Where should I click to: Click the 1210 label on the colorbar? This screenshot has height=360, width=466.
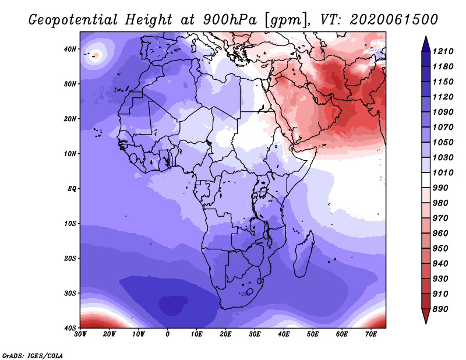pyautogui.click(x=443, y=51)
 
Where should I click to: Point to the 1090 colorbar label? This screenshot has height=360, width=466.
pyautogui.click(x=443, y=112)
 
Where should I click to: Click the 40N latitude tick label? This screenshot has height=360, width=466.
pyautogui.click(x=70, y=49)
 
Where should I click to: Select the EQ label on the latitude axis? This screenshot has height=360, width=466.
pyautogui.click(x=72, y=189)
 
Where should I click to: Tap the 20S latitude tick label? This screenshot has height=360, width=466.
pyautogui.click(x=70, y=258)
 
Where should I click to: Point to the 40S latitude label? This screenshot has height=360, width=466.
pyautogui.click(x=70, y=328)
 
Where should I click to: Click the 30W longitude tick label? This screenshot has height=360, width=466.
pyautogui.click(x=80, y=334)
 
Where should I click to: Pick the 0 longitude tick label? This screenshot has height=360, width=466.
pyautogui.click(x=168, y=334)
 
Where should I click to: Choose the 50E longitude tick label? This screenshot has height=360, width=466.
pyautogui.click(x=313, y=334)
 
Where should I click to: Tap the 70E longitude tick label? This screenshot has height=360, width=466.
pyautogui.click(x=371, y=334)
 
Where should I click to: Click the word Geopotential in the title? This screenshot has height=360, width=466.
pyautogui.click(x=73, y=20)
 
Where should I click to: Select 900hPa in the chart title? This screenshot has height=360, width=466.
pyautogui.click(x=230, y=20)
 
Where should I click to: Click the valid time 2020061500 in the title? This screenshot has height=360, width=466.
pyautogui.click(x=394, y=20)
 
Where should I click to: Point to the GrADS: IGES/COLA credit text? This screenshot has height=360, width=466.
pyautogui.click(x=33, y=355)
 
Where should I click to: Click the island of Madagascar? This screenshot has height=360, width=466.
pyautogui.click(x=303, y=255)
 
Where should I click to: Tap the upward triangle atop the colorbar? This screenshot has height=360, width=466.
pyautogui.click(x=426, y=44)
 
